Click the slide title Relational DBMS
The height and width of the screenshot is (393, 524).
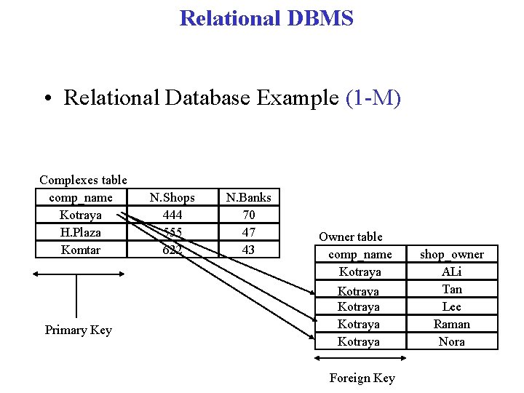(266, 18)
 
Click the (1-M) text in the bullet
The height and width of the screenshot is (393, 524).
(373, 98)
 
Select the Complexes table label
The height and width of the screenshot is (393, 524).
(83, 180)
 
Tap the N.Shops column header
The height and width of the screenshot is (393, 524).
(172, 197)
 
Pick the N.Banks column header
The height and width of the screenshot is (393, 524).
(248, 197)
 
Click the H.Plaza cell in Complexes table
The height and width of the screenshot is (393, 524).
(81, 232)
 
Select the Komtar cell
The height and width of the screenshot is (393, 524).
(81, 250)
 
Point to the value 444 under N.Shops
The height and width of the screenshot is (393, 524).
(172, 215)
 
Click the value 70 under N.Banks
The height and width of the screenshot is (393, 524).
(248, 215)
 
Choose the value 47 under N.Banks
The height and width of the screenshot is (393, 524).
(248, 232)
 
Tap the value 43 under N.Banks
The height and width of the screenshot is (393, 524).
(248, 250)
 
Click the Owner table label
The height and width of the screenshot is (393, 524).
(350, 237)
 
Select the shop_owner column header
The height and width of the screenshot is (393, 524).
(452, 254)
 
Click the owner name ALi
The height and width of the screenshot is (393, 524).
(452, 271)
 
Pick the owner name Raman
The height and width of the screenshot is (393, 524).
(452, 324)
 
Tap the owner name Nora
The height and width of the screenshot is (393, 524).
(452, 341)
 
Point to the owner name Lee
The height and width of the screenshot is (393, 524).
(452, 306)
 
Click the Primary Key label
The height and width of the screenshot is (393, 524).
(78, 330)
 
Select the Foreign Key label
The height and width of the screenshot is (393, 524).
(362, 378)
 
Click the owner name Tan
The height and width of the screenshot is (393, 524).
(452, 289)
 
